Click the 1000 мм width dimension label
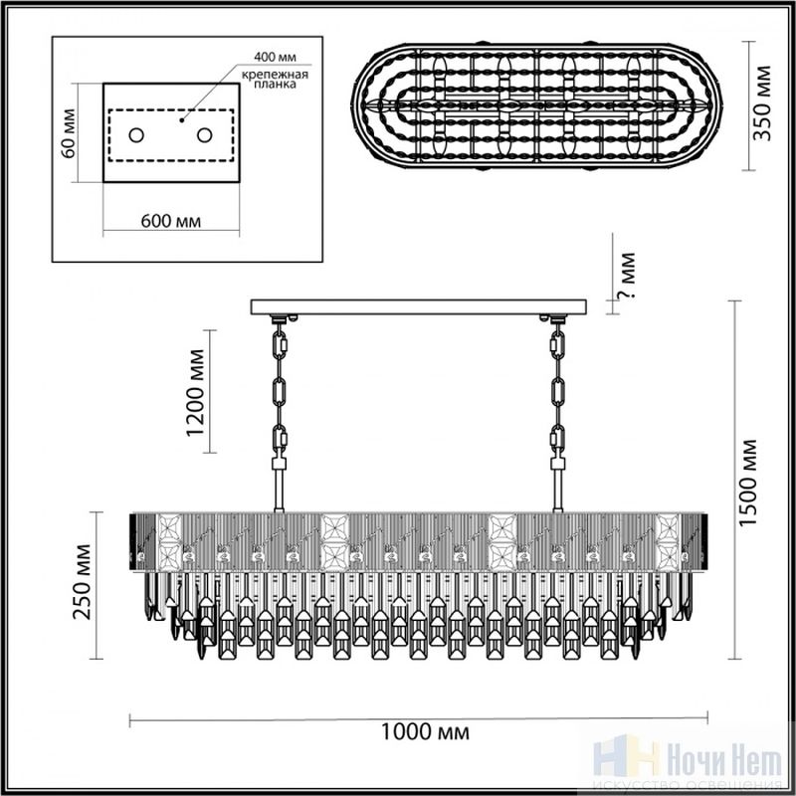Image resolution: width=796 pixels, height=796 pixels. click(425, 732)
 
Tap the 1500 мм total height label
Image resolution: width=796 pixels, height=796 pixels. click(748, 483)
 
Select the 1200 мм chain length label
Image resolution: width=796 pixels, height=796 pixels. click(195, 393)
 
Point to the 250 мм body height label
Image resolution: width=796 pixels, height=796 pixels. click(82, 582)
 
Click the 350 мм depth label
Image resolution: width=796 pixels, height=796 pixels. click(762, 103)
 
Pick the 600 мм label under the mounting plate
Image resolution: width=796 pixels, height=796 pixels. click(170, 221)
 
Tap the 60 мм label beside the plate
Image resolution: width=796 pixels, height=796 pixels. click(68, 133)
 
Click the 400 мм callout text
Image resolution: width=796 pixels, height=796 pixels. click(275, 57)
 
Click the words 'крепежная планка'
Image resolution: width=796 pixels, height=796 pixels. click(275, 80)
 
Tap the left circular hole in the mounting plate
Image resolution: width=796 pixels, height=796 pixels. click(136, 135)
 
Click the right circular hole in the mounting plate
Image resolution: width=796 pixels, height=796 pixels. click(205, 135)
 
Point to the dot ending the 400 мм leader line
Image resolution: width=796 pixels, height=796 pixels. click(181, 120)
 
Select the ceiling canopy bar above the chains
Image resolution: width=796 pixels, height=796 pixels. click(419, 306)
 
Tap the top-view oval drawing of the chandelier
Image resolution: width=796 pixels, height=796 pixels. click(536, 105)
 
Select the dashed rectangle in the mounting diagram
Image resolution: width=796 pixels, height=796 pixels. click(171, 135)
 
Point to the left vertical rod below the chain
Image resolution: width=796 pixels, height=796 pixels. click(279, 490)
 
